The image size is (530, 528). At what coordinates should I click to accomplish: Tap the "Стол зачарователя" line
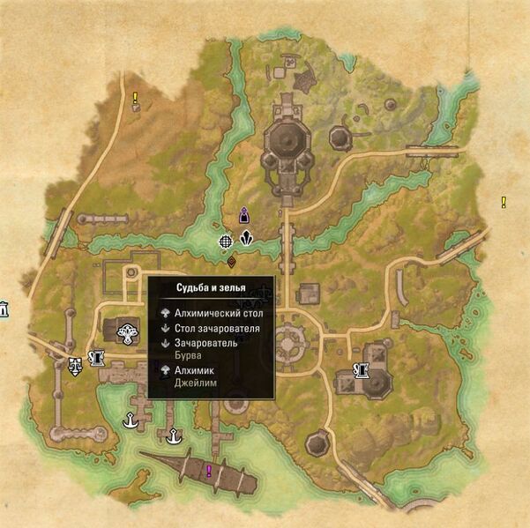tap(216, 328)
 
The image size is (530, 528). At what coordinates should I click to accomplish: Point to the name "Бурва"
tap(188, 355)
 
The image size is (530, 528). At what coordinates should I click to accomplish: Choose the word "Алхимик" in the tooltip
tap(193, 371)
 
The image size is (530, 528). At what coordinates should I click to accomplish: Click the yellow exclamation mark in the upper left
tap(135, 98)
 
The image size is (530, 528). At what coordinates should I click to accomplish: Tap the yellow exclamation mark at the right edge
tap(504, 202)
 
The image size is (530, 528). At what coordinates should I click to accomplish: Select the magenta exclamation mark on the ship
tap(209, 472)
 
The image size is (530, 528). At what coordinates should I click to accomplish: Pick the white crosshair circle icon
tap(227, 239)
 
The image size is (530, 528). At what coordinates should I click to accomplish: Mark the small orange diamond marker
tap(232, 262)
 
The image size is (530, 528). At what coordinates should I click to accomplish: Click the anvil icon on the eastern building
tap(360, 370)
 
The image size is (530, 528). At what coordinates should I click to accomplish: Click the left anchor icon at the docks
tap(131, 420)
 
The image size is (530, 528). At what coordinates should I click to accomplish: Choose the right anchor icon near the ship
tap(175, 433)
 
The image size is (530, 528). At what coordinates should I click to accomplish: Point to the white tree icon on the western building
tap(129, 333)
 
